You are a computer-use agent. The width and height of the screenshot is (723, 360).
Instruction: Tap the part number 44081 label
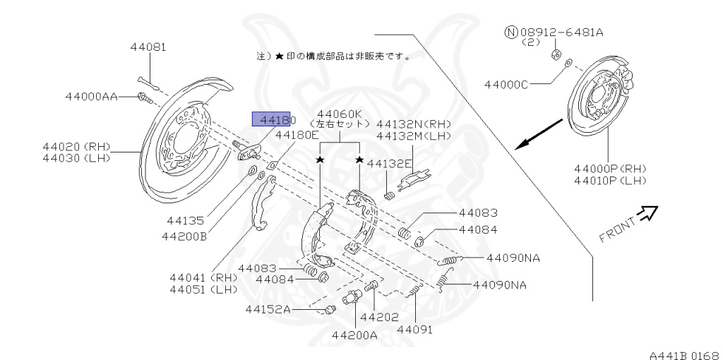point(148,47)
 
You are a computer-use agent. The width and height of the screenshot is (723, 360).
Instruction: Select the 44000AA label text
point(92,96)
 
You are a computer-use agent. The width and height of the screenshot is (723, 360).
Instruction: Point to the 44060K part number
point(339,114)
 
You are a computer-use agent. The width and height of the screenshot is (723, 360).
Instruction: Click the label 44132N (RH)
point(413,123)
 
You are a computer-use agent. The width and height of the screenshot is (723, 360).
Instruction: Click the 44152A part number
point(268,308)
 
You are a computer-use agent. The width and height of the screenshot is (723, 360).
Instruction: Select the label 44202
point(379,317)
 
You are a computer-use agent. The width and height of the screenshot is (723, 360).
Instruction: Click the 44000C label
point(506,85)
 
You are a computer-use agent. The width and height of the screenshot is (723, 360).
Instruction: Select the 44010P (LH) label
point(610,181)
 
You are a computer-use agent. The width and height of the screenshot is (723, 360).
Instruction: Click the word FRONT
point(617,229)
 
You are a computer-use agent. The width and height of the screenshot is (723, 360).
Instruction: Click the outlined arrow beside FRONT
point(647,212)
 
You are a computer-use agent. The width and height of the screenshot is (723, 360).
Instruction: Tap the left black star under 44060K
point(320,161)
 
